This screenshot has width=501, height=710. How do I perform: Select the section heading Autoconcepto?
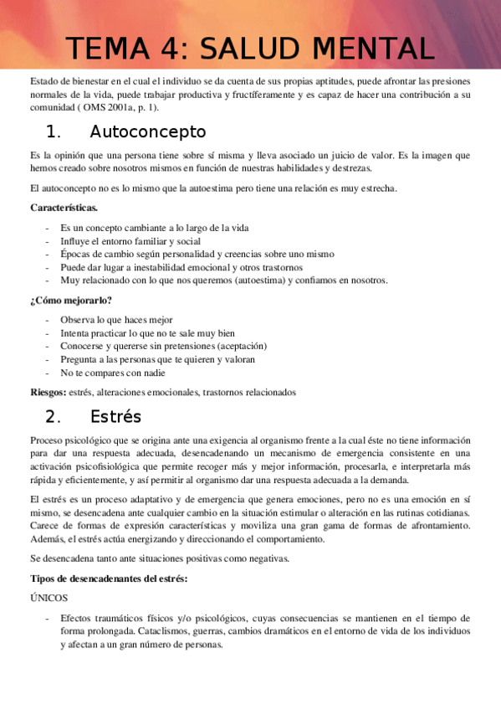[147, 131]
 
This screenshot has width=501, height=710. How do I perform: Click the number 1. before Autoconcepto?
[54, 131]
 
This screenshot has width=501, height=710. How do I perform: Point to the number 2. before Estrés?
[54, 416]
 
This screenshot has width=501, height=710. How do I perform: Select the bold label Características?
[64, 207]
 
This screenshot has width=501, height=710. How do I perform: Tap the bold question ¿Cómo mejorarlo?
[71, 301]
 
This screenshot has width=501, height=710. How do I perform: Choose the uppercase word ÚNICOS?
[49, 599]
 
